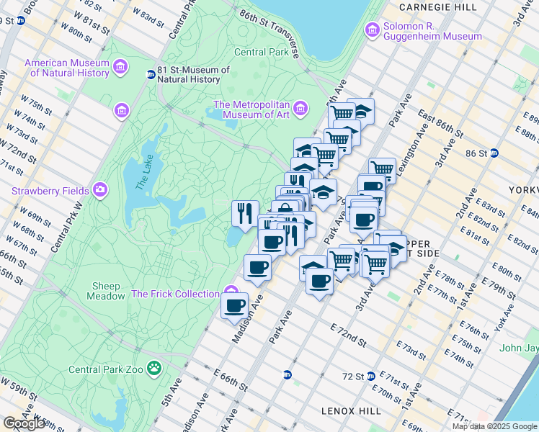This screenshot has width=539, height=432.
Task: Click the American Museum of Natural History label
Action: tap(67, 68)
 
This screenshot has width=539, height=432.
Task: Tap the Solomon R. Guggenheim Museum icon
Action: tap(373, 30)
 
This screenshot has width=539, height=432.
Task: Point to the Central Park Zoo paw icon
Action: tap(154, 369)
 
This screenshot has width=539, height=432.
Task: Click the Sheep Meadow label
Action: tap(105, 291)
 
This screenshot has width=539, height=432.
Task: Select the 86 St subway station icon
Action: tap(494, 153)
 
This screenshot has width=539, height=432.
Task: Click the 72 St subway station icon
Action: tap(371, 376)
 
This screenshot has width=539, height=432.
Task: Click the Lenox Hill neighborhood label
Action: tap(349, 410)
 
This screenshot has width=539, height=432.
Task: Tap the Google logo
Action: tap(24, 423)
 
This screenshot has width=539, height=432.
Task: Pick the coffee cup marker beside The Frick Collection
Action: tap(235, 305)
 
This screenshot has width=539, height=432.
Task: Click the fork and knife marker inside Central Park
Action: tap(245, 212)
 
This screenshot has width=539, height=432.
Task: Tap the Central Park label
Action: tap(261, 52)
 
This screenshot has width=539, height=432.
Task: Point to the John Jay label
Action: tap(519, 348)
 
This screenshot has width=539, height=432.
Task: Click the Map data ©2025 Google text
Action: tap(494, 426)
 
